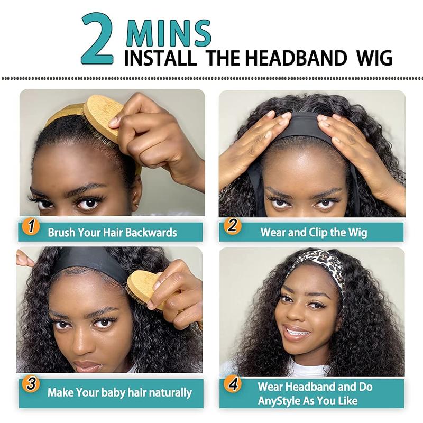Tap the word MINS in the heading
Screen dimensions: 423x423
point(169,33)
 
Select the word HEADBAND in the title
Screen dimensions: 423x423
point(296,57)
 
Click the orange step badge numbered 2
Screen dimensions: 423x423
point(232,227)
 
